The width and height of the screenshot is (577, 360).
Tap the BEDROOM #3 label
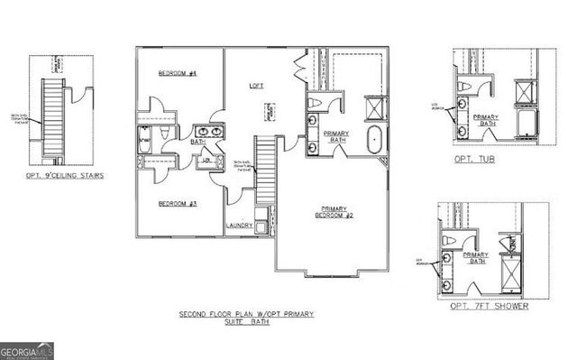click(178, 204)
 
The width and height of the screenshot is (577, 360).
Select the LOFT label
click(256, 86)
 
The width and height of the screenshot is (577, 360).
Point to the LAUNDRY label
click(238, 225)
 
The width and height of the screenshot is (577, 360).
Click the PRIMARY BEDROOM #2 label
click(333, 214)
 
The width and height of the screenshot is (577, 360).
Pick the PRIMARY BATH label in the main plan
click(335, 137)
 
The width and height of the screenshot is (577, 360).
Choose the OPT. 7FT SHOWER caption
click(490, 306)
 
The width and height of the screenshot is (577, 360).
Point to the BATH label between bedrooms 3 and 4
click(198, 141)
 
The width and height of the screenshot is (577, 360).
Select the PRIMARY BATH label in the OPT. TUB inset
click(487, 122)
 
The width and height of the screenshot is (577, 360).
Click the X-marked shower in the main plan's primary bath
click(371, 109)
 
